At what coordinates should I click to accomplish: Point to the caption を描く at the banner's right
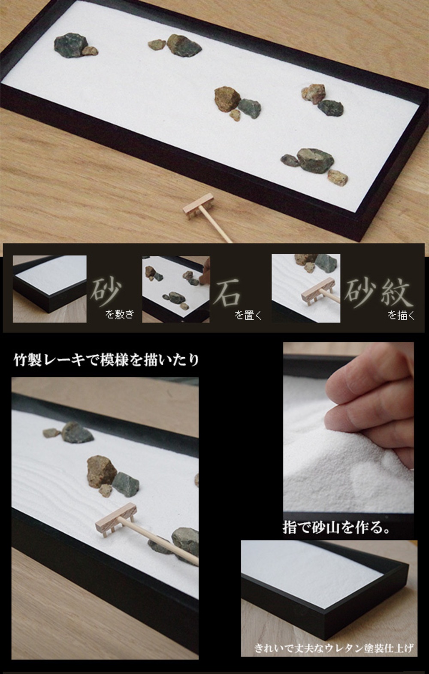[x=401, y=316]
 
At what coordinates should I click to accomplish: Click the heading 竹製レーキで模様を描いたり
[x=107, y=360]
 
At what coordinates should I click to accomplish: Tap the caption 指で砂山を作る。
[x=337, y=527]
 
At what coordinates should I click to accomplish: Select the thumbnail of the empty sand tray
[x=49, y=288]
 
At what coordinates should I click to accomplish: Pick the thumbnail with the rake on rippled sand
[x=306, y=288]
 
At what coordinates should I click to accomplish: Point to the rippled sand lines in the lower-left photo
[x=47, y=477]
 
